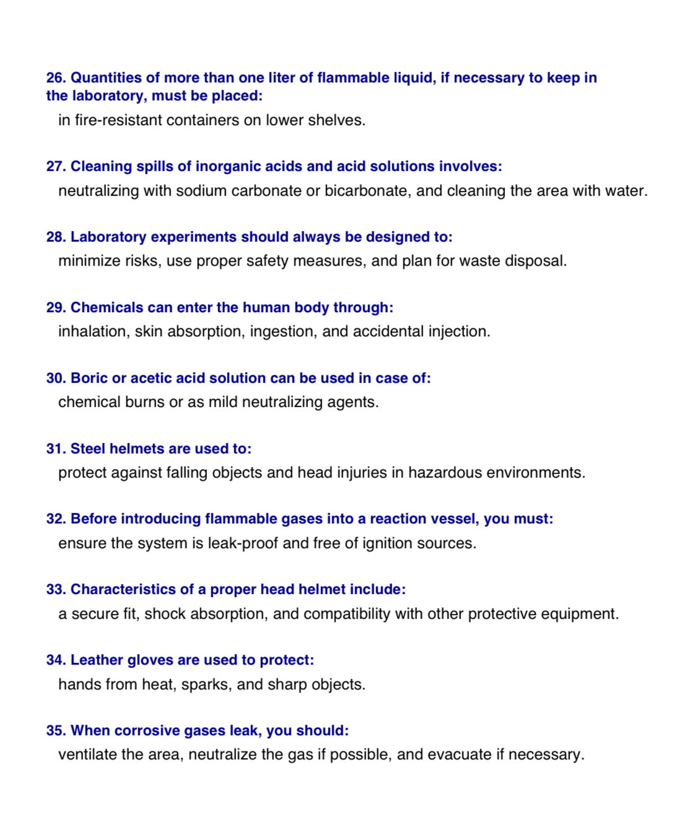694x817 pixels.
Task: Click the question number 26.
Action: [x=55, y=78]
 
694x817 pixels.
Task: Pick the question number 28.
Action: [x=55, y=237]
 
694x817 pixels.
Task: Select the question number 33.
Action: [x=55, y=590]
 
